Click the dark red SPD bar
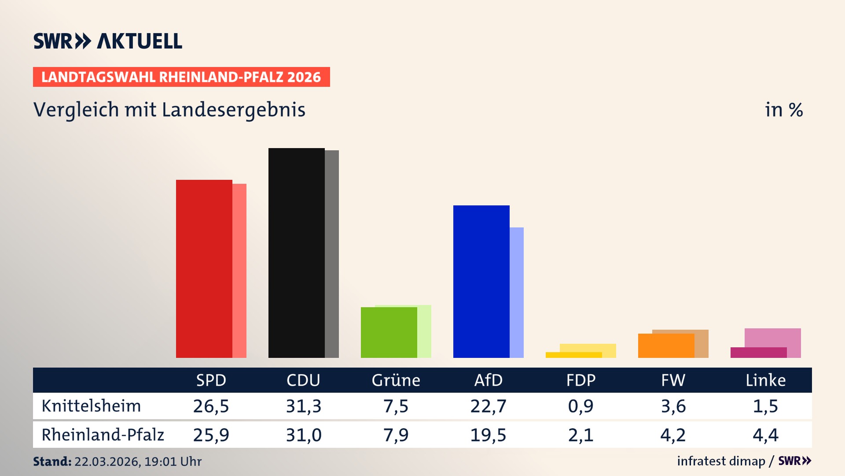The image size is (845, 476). click(204, 269)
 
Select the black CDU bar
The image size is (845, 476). click(296, 253)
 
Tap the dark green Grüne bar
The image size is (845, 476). click(389, 332)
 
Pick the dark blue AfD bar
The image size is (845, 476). click(481, 282)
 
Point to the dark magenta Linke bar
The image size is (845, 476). click(758, 353)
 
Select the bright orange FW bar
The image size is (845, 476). click(666, 346)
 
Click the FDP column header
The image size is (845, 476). click(580, 380)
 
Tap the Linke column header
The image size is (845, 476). click(765, 380)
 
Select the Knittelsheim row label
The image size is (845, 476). click(91, 406)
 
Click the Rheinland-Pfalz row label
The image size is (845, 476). click(103, 435)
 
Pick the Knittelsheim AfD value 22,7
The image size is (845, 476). click(488, 406)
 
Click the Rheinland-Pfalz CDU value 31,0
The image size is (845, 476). click(303, 435)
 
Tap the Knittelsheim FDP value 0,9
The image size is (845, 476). click(580, 406)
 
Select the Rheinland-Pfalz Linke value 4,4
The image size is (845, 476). click(765, 435)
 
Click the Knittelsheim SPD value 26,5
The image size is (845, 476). click(211, 406)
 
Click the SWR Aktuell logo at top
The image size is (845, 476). click(108, 41)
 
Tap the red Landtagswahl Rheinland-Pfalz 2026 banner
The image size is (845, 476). click(181, 77)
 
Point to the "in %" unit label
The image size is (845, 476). click(784, 110)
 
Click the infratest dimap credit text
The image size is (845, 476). click(721, 461)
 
